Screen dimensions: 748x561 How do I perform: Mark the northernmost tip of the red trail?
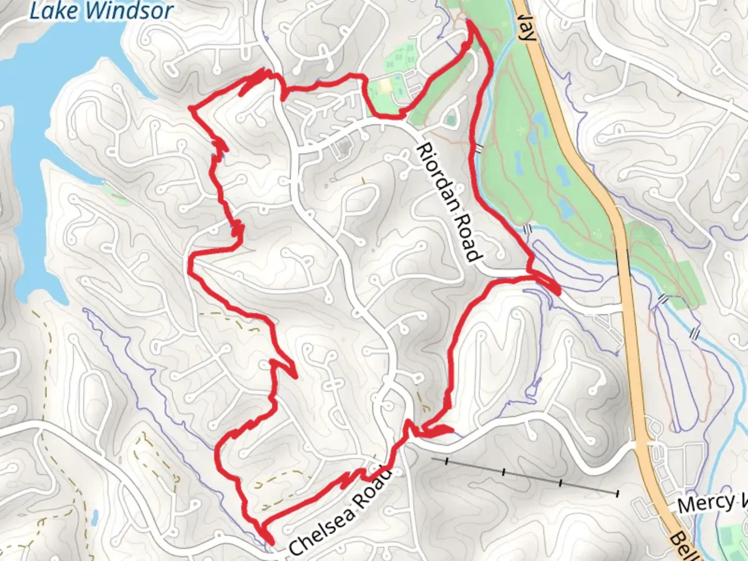coord(470,21)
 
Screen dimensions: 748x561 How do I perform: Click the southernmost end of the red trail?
coord(271,543)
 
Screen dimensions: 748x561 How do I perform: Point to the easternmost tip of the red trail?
coord(559,293)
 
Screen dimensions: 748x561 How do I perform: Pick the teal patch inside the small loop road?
coord(450,121)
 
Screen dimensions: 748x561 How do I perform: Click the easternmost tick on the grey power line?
coord(617,492)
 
